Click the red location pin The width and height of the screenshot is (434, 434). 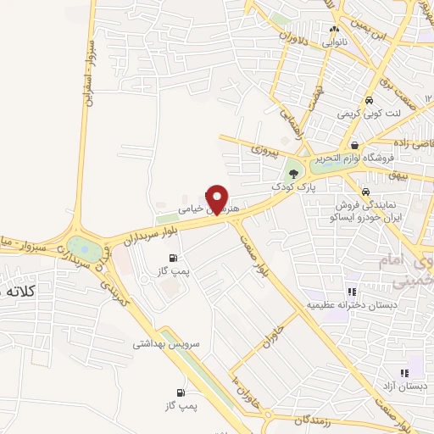pyautogui.click(x=219, y=199)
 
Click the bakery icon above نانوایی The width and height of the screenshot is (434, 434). pyautogui.click(x=334, y=29)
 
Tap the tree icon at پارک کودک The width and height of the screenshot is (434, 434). pyautogui.click(x=294, y=173)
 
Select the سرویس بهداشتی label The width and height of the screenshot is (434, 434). pyautogui.click(x=163, y=345)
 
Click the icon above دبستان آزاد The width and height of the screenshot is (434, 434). pyautogui.click(x=406, y=373)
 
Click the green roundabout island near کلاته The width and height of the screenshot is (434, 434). pyautogui.click(x=82, y=249)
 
